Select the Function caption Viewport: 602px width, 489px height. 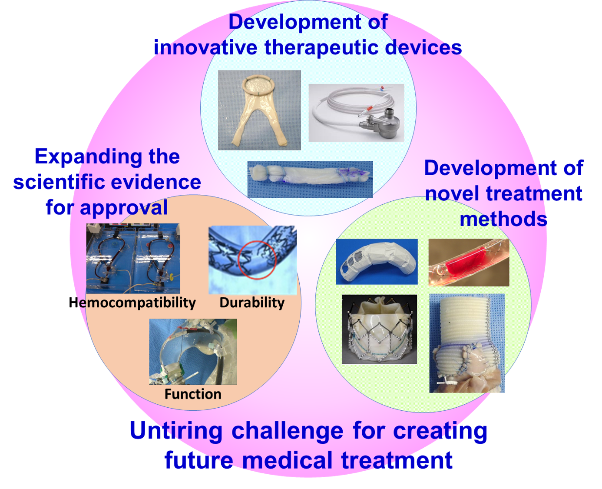point(193,394)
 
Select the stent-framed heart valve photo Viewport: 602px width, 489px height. point(379,329)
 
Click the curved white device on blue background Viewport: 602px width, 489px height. point(377,262)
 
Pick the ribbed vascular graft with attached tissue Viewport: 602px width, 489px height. point(466,343)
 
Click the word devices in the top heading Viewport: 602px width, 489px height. point(423,47)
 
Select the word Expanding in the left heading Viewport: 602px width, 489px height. point(88,157)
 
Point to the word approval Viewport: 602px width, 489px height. point(124,208)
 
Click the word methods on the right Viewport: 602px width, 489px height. point(503,219)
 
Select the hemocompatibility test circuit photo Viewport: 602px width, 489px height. point(133,258)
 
